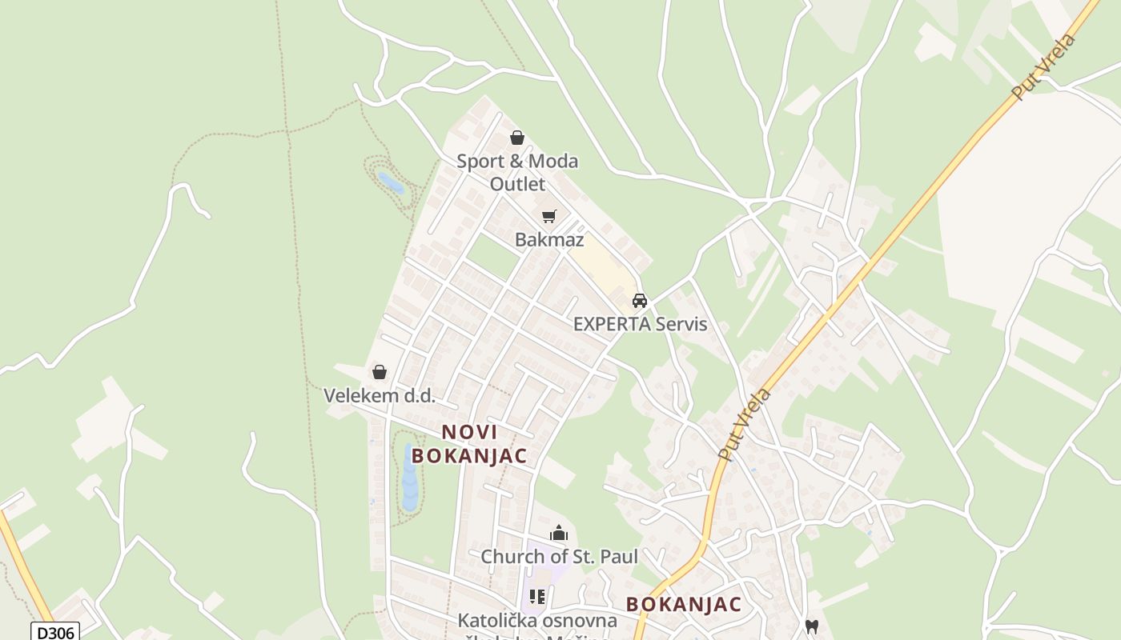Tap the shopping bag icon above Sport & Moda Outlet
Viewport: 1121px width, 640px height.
coord(517,138)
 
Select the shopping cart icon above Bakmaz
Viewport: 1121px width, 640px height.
coord(548,216)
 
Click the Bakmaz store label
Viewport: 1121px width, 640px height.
coord(549,239)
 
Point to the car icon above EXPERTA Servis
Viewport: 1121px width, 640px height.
coord(639,301)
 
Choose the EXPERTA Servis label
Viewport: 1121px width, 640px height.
coord(640,324)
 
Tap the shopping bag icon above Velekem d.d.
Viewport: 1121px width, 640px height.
coord(380,372)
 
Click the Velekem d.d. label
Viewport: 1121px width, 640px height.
coord(380,395)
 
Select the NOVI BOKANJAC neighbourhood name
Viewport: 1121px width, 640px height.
coord(469,443)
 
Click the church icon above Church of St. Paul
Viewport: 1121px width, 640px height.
coord(559,533)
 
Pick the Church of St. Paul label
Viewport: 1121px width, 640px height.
coord(559,556)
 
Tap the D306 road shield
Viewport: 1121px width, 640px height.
coord(55,632)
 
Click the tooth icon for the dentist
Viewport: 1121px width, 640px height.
coord(811,627)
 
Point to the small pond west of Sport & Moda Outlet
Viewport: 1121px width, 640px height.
coord(391,183)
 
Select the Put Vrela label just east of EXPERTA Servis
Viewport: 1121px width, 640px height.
coord(745,424)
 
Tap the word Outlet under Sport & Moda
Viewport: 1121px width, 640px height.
coord(517,184)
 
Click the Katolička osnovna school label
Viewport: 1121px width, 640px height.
coord(537,621)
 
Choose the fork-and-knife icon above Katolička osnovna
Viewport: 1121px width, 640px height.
coord(536,597)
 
